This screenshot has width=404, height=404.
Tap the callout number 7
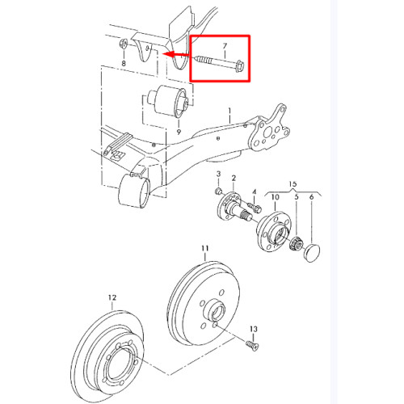[x=225, y=46]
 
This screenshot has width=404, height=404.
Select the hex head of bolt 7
[x=240, y=66]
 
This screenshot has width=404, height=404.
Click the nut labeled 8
[x=124, y=44]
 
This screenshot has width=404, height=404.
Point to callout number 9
[x=179, y=132]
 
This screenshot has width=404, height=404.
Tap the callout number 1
[x=229, y=111]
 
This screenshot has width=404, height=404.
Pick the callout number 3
[x=218, y=174]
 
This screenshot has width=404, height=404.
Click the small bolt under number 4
[x=255, y=207]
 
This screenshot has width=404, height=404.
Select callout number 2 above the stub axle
[x=234, y=178]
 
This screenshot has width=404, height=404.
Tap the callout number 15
[x=292, y=183]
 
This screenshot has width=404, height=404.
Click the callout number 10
[x=275, y=197]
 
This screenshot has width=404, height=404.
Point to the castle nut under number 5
[x=297, y=242]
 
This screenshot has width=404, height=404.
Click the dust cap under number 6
[x=312, y=252]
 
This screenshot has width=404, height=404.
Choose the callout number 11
[x=205, y=248]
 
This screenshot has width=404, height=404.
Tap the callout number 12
[x=112, y=297]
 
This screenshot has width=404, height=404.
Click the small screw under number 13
[x=252, y=345]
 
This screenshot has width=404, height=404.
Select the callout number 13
[x=254, y=329]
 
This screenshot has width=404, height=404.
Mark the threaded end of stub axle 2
[x=246, y=215]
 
